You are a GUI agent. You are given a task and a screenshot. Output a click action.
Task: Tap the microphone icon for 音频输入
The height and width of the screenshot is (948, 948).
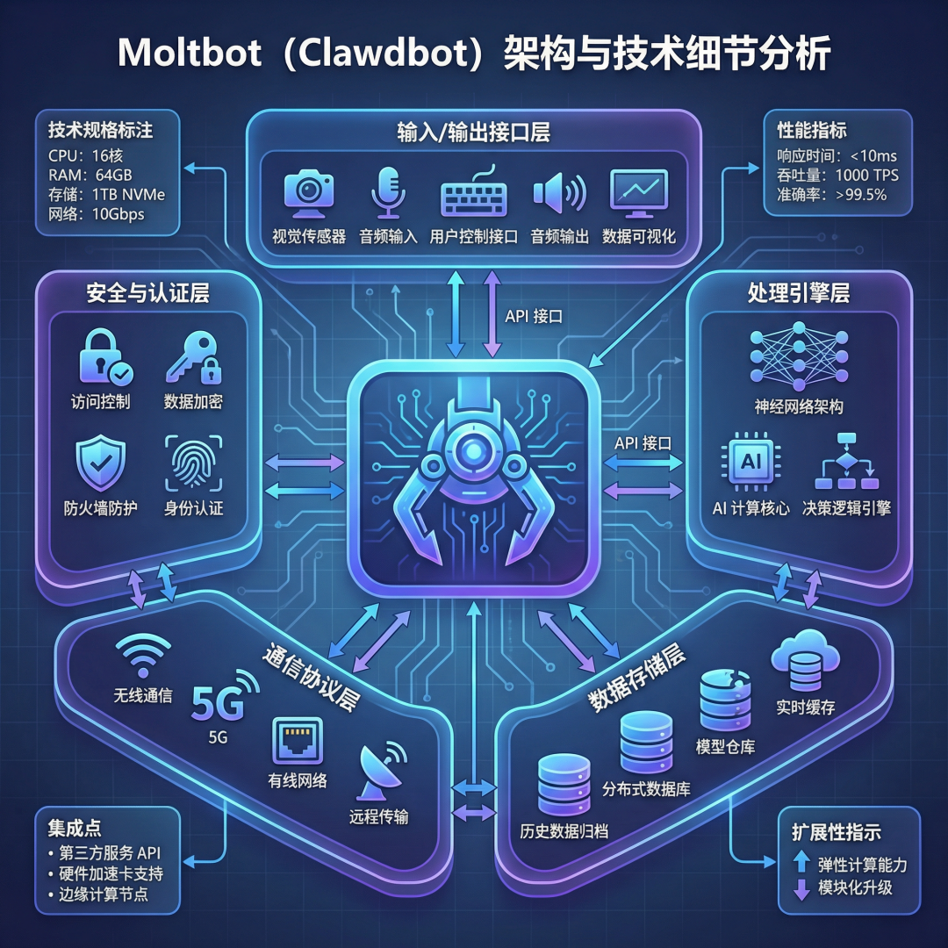(387, 192)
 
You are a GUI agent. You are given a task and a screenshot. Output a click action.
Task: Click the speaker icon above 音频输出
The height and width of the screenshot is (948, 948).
(558, 193)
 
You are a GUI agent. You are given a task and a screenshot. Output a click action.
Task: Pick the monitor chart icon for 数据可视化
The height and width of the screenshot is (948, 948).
(639, 193)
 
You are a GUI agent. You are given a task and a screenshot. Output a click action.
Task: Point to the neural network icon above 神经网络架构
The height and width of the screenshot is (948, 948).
(798, 355)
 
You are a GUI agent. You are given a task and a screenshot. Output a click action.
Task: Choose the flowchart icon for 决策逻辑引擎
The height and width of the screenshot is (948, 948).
(847, 462)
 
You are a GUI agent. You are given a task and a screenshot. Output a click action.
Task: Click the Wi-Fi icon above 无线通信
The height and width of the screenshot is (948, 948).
(143, 656)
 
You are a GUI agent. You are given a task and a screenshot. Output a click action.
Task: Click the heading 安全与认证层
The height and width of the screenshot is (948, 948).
(147, 293)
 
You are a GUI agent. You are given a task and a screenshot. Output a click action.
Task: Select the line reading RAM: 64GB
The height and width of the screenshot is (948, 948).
(90, 175)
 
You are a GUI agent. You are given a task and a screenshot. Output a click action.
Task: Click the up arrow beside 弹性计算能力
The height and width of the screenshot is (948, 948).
(801, 863)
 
